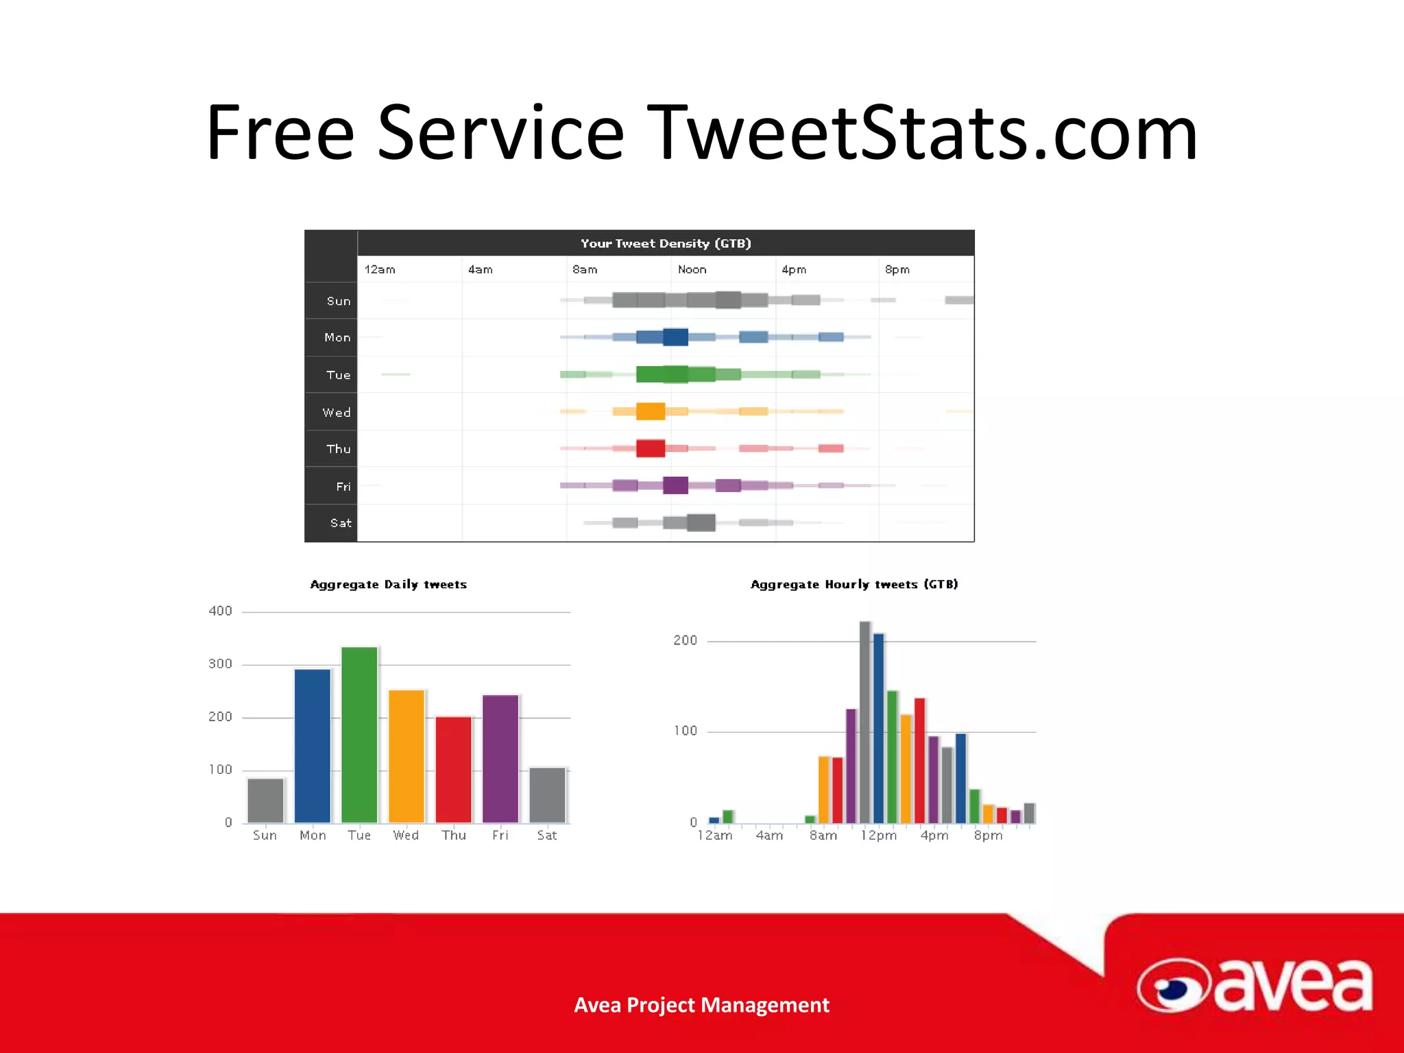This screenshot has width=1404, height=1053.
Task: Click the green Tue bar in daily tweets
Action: tap(359, 734)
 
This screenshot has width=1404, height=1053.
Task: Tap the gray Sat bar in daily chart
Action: tap(547, 795)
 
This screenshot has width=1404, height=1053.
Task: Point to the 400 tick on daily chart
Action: tap(220, 611)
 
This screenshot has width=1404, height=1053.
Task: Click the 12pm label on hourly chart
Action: tap(878, 836)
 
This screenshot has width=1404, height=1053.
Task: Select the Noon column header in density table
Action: tap(692, 269)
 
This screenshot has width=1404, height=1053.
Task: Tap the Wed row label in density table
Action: tap(336, 412)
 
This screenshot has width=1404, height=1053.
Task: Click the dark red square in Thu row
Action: tap(650, 448)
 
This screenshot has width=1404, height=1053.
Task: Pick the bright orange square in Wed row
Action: tap(650, 411)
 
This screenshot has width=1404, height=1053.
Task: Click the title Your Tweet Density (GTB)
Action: tap(666, 243)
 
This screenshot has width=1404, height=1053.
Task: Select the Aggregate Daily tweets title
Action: tap(388, 584)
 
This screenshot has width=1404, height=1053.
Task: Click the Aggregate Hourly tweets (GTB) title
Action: tap(854, 584)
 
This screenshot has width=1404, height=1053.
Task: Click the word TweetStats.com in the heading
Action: tap(922, 132)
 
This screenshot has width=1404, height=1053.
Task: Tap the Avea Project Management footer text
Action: tap(701, 1005)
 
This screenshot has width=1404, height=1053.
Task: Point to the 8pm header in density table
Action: tap(897, 269)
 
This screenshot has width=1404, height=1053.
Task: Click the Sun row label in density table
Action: tap(338, 301)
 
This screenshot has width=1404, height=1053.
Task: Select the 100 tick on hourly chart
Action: tap(685, 731)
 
